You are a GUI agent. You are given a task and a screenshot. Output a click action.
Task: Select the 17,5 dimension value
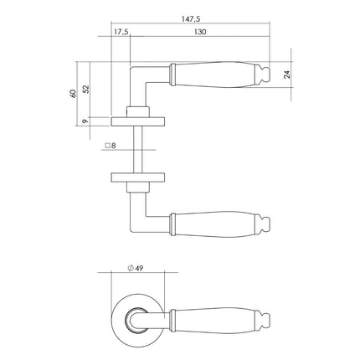(121, 33)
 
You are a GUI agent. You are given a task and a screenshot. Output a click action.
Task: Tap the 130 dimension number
(200, 33)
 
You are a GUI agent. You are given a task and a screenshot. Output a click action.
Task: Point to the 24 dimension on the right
(287, 74)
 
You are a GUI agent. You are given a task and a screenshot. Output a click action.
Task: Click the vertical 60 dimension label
(74, 90)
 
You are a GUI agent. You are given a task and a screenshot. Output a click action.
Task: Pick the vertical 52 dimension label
(86, 88)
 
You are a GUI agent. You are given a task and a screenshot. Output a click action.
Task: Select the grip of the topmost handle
(213, 74)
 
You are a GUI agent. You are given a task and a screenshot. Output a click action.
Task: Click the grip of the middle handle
(213, 224)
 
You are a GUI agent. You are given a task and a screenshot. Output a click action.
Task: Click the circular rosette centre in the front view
(135, 317)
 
